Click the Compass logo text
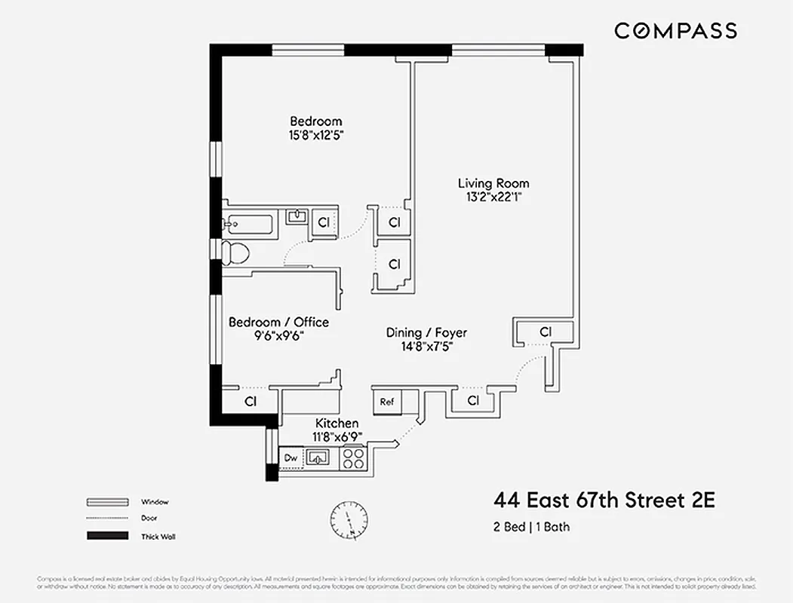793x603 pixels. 675,31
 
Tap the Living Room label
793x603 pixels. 493,183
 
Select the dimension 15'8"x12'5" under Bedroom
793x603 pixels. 316,136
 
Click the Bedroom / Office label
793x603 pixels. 278,322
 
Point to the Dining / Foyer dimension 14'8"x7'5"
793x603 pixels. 426,347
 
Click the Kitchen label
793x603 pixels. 337,423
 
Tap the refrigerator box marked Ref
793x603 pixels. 387,402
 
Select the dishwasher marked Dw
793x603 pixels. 290,458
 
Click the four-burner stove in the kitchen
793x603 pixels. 353,458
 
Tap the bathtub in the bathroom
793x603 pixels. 247,223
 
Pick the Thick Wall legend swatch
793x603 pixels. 107,536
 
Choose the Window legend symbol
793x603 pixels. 107,501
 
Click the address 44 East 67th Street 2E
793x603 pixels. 604,500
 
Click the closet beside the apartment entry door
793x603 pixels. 546,332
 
